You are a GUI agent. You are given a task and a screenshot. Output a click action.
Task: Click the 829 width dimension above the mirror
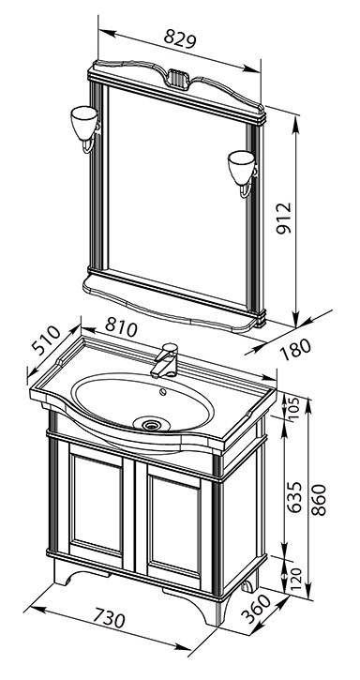click(x=180, y=39)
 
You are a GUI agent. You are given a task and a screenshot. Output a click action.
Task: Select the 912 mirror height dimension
click(x=284, y=219)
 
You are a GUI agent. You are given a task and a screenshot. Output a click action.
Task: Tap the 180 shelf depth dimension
click(x=295, y=349)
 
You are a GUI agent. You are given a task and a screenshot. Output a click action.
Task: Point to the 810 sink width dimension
click(x=121, y=327)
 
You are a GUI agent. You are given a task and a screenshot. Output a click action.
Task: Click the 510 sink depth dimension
click(x=46, y=340)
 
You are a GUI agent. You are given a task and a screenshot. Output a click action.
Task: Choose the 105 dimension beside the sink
click(x=294, y=408)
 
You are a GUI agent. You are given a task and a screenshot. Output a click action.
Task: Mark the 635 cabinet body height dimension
click(x=295, y=496)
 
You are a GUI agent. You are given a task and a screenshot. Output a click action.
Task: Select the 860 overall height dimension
click(x=319, y=500)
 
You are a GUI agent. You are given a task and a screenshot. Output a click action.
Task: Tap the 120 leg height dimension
click(x=295, y=575)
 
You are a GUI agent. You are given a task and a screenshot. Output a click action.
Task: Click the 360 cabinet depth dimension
click(x=257, y=608)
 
